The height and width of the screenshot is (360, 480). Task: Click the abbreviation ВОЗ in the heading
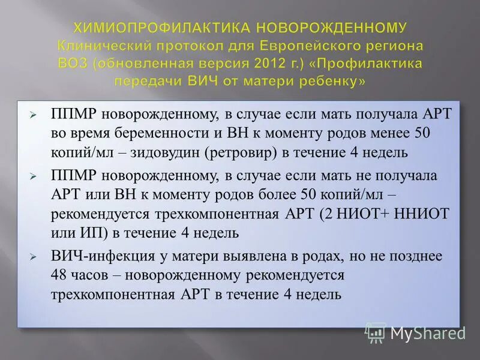click(x=74, y=63)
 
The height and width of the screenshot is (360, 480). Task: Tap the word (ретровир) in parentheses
click(x=240, y=152)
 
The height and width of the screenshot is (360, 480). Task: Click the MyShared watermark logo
click(x=415, y=332)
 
